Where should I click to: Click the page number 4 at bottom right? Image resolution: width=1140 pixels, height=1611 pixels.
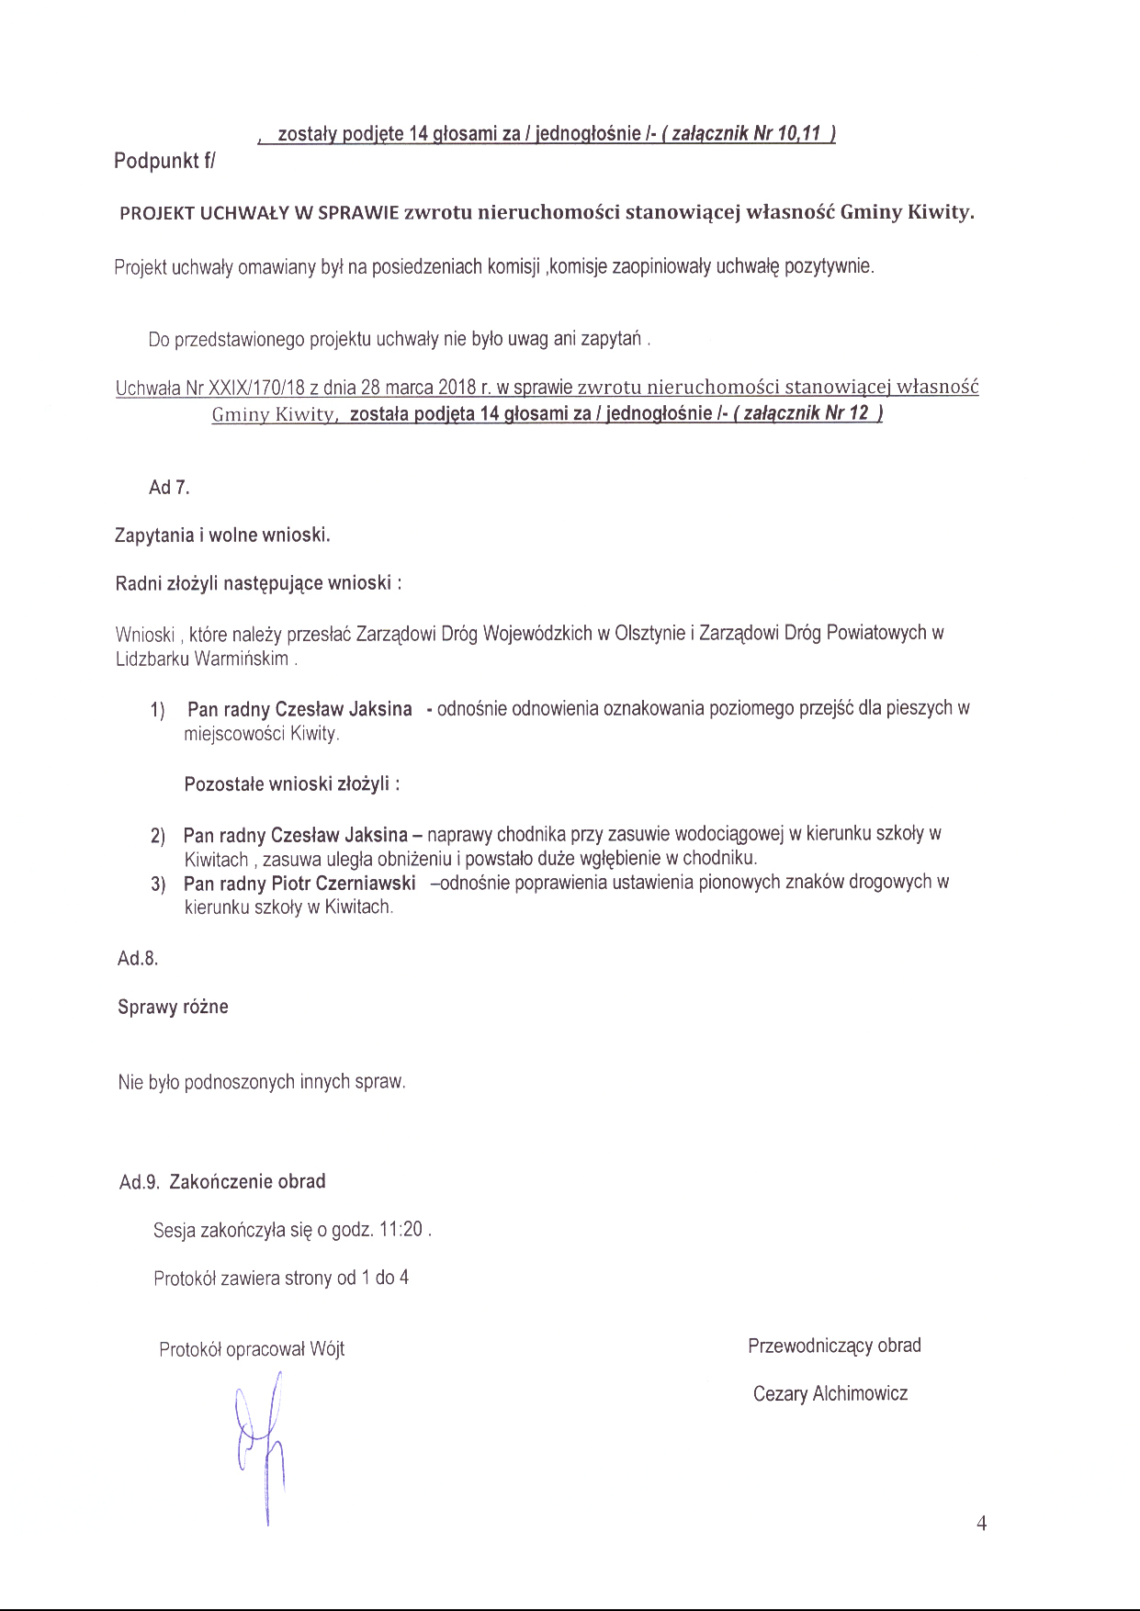click(x=981, y=1524)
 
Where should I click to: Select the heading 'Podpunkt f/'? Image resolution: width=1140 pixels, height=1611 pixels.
click(x=164, y=162)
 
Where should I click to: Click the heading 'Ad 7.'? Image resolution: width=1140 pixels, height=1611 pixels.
click(x=169, y=488)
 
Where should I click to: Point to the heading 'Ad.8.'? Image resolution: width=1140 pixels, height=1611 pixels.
click(x=138, y=959)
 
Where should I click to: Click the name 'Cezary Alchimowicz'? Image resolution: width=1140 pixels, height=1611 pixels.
click(x=830, y=1394)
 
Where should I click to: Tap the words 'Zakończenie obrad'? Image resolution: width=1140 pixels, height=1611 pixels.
click(x=247, y=1182)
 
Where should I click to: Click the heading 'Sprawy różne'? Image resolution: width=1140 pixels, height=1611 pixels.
click(x=173, y=1008)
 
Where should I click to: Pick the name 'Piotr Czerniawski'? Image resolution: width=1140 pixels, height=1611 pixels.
click(x=344, y=884)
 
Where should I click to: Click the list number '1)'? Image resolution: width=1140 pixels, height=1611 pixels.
click(x=158, y=710)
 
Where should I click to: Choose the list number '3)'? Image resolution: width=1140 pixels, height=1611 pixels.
click(x=158, y=884)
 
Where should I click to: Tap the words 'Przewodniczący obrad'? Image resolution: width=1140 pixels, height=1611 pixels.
click(x=834, y=1346)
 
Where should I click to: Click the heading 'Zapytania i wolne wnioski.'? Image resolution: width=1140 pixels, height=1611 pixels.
click(x=222, y=535)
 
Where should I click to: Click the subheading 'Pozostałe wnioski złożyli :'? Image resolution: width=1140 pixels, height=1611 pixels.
click(x=291, y=785)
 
